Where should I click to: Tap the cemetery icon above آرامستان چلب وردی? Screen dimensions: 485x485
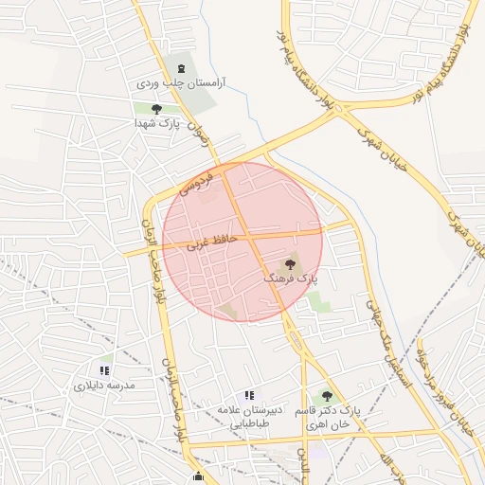pos(181,67)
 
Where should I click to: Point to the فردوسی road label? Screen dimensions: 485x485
pos(205,179)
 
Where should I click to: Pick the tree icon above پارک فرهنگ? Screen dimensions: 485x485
pos(290,264)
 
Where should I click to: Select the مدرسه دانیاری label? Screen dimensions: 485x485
pos(104,386)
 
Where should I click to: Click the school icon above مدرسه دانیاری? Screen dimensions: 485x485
pos(104,370)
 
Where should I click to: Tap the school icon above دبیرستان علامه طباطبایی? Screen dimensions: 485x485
pos(249,394)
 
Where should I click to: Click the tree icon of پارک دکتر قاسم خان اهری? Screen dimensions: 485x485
pos(327,396)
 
